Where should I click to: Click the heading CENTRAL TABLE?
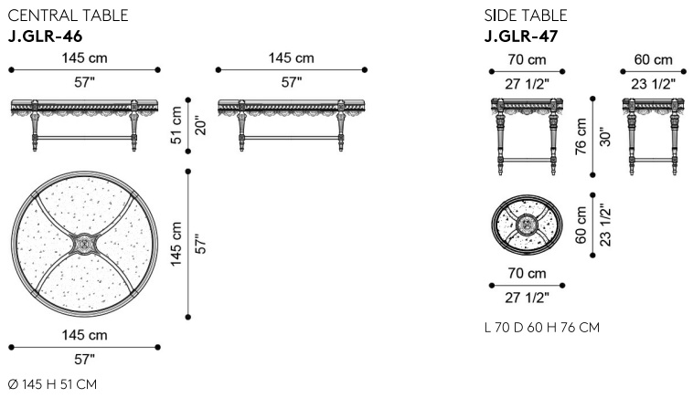[68, 16]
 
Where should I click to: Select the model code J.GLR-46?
[45, 37]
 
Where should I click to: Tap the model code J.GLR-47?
[521, 37]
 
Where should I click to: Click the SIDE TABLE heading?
[526, 16]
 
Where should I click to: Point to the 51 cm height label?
[176, 125]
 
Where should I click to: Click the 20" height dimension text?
[200, 125]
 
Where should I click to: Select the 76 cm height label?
[581, 136]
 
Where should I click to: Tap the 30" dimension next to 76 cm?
[604, 136]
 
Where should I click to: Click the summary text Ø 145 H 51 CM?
[53, 384]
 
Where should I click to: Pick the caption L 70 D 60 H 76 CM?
[542, 328]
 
